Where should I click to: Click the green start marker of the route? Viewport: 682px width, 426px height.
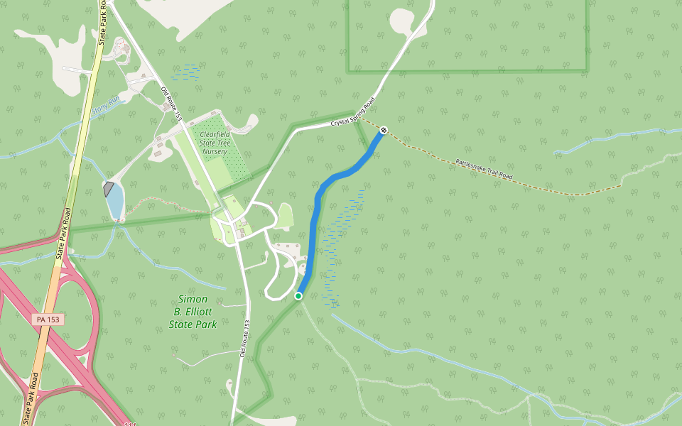298,296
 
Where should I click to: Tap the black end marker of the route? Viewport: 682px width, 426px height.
384,130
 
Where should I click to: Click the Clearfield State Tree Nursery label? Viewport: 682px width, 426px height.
213,142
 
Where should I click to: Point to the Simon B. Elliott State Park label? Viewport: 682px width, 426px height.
193,312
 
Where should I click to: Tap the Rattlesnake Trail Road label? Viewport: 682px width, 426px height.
484,169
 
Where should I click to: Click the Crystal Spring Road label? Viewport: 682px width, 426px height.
352,114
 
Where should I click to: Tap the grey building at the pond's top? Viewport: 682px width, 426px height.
109,189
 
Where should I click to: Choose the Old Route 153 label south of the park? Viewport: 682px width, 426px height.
243,338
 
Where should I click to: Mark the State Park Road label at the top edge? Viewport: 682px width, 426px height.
102,21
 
